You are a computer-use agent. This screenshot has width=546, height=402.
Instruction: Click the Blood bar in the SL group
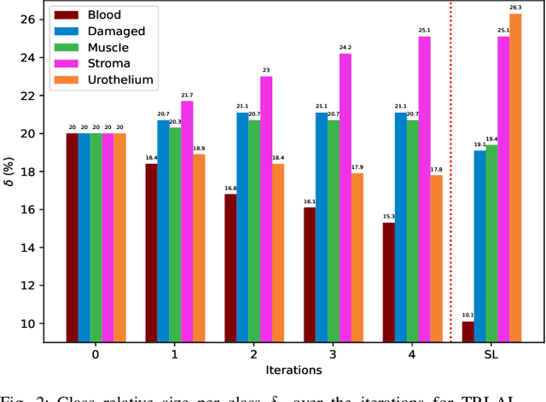point(468,332)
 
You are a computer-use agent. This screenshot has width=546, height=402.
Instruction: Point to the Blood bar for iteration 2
point(230,268)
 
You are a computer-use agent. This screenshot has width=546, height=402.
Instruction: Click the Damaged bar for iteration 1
point(163,231)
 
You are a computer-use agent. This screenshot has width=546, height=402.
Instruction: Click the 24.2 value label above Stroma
point(345,47)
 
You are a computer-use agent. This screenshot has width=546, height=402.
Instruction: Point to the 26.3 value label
point(514,7)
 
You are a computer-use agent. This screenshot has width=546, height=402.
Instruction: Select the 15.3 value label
point(388,216)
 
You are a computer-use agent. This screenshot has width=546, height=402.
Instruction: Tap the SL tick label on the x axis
point(491,354)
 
